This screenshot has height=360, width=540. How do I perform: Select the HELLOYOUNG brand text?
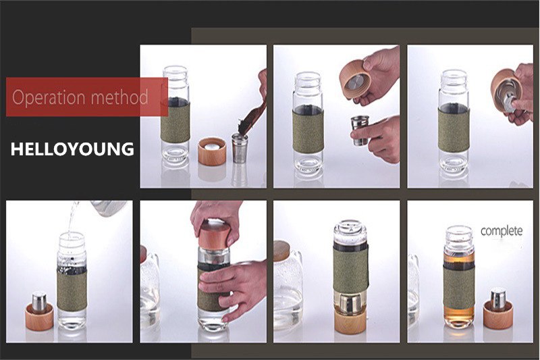tap(72, 149)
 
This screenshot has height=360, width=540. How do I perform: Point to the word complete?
tap(502, 231)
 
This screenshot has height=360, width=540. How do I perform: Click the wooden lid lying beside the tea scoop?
tap(212, 151)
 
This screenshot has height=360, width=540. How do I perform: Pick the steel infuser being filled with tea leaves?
tap(240, 148)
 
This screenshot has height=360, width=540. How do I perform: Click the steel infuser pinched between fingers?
tap(359, 131)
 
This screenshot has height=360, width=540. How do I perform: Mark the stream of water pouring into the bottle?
tap(72, 220)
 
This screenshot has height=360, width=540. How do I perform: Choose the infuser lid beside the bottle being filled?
tap(39, 311)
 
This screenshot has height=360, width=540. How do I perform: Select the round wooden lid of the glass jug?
tap(281, 251)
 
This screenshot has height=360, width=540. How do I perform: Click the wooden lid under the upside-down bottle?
tap(350, 323)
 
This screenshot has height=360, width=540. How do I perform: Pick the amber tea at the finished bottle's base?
tap(460, 317)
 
